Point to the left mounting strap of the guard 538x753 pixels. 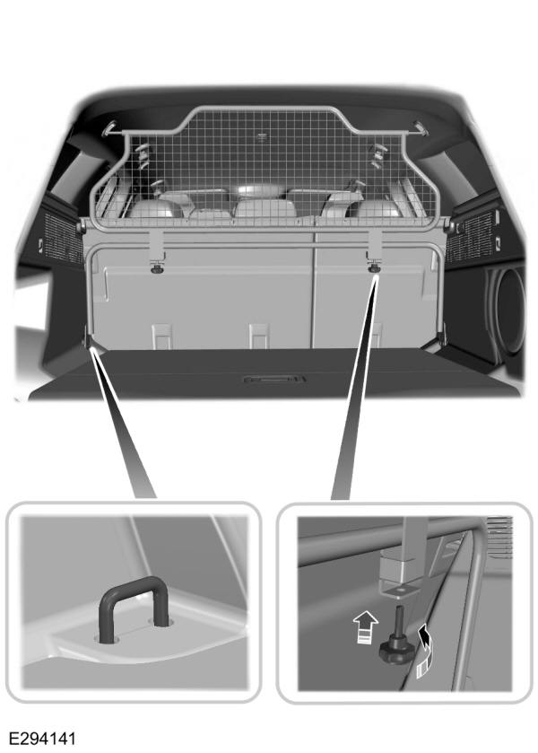point(156,242)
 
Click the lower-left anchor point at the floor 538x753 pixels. point(89,339)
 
